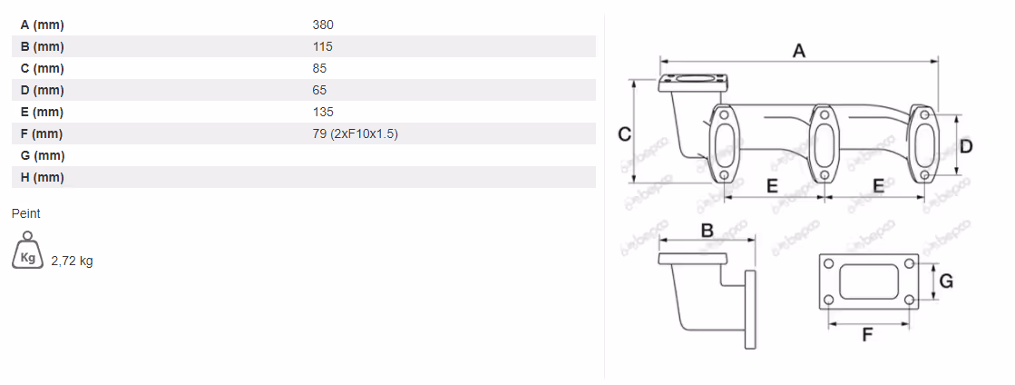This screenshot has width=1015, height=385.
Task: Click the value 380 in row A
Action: (x=322, y=25)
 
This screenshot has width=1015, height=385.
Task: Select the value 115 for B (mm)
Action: (x=322, y=46)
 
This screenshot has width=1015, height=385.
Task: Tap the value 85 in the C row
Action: (x=319, y=69)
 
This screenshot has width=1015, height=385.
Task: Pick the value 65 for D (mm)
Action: (x=319, y=90)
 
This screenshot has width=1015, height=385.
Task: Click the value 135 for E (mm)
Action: (x=322, y=112)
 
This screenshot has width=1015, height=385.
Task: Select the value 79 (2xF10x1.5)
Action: (x=355, y=134)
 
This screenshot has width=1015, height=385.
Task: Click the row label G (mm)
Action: (x=43, y=155)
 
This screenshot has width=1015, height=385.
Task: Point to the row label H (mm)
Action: (x=42, y=178)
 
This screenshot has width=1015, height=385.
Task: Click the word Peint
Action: (x=26, y=214)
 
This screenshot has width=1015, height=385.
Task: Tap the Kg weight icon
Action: (x=27, y=251)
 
